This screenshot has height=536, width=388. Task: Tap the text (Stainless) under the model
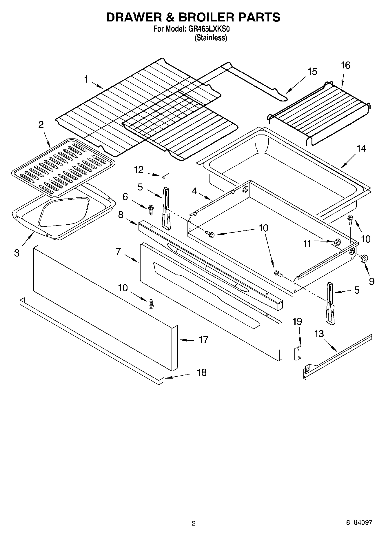pyautogui.click(x=211, y=38)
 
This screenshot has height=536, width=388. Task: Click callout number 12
pyautogui.click(x=139, y=170)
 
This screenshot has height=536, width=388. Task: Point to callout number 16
pyautogui.click(x=345, y=65)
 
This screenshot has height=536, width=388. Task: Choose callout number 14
pyautogui.click(x=361, y=149)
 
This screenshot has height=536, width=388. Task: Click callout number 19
pyautogui.click(x=297, y=321)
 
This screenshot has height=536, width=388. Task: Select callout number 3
pyautogui.click(x=17, y=253)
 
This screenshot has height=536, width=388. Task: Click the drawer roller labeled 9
pyautogui.click(x=364, y=257)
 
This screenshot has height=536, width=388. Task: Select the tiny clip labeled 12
pyautogui.click(x=164, y=176)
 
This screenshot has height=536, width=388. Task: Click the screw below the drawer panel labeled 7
pyautogui.click(x=151, y=304)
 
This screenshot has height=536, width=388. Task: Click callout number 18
pyautogui.click(x=202, y=373)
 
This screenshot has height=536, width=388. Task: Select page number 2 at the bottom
pyautogui.click(x=194, y=523)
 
